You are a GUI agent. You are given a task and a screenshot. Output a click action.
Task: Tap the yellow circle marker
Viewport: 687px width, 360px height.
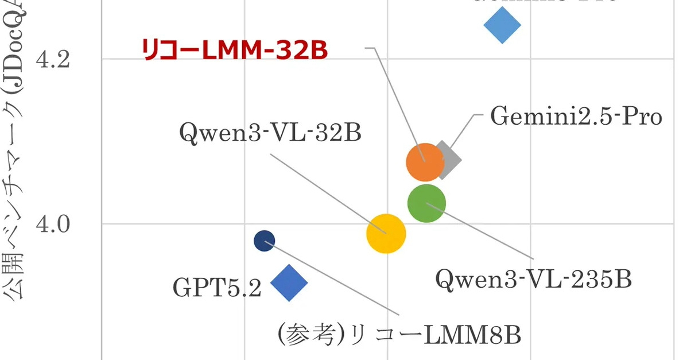[x=386, y=233]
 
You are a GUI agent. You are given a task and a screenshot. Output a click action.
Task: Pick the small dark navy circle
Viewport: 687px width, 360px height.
[x=264, y=241]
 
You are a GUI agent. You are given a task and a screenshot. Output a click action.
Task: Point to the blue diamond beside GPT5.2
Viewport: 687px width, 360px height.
[x=289, y=282]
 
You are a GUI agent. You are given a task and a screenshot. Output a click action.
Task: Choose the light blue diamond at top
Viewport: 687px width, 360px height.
[x=502, y=25]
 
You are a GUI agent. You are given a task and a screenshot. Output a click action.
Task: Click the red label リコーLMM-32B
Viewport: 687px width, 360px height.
[x=235, y=50]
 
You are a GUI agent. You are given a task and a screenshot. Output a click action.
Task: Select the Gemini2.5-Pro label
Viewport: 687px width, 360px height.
[x=576, y=117]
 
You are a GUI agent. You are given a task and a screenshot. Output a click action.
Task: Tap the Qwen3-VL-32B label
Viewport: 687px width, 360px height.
[x=270, y=133]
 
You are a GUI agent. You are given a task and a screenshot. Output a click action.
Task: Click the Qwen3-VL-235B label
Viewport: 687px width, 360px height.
[x=533, y=280]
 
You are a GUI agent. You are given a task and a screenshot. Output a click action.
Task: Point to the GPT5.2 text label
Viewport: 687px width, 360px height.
[x=217, y=288]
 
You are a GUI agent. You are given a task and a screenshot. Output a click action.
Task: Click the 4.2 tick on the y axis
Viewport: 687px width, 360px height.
[x=53, y=59]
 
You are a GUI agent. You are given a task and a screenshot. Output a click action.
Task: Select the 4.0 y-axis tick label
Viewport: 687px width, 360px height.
[x=53, y=223]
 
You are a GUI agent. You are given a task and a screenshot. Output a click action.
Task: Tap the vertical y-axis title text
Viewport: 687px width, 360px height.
[x=17, y=172]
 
